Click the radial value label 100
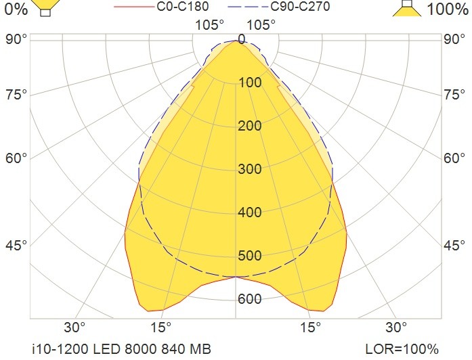point(250,83)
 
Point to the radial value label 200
point(250,126)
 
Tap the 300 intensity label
point(250,169)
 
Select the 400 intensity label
point(250,212)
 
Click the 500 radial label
point(250,256)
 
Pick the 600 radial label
point(250,299)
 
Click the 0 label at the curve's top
point(242,39)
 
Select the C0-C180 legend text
point(183,6)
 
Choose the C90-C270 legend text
point(300,6)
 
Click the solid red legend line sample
point(134,7)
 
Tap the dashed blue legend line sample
point(248,7)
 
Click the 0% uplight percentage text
point(16,9)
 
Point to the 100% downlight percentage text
point(448,9)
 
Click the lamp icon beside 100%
point(407,8)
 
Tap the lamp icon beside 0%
point(46,7)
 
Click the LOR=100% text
point(402,349)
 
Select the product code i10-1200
point(60,349)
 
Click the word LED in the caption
point(106,349)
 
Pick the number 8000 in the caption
point(141,349)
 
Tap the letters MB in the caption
point(200,349)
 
